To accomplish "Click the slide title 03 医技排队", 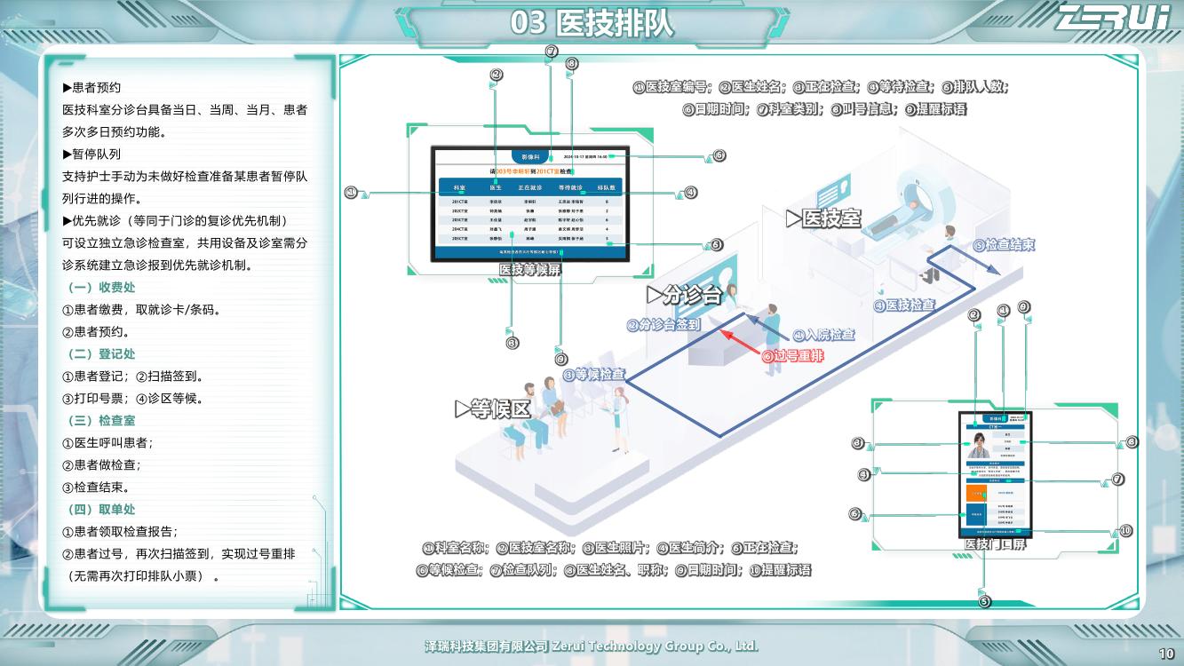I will coord(592,23).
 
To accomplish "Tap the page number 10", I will coord(1167,654).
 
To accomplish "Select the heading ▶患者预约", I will coord(91,88).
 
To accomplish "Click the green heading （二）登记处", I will coord(101,354).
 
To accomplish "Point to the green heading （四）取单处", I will coord(101,510).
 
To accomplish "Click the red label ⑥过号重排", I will coord(792,356).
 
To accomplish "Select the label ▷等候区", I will coord(492,409).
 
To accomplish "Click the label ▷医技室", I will coord(823,218).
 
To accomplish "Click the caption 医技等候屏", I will coord(530,269).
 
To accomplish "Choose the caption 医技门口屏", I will coord(995,543).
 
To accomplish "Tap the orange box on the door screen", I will coord(976,491).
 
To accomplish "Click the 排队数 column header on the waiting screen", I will coord(607,188).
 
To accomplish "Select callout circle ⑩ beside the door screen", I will coord(1125,531).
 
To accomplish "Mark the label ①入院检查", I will coord(823,335).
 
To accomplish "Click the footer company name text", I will coord(592,646).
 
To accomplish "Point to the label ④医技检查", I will coord(904,305).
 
